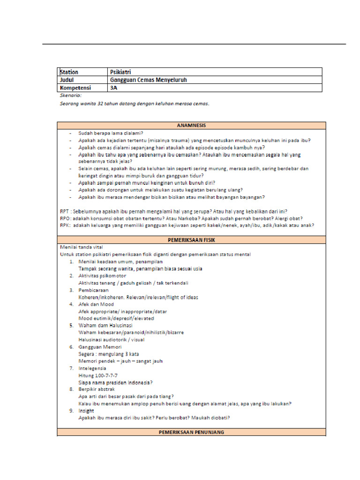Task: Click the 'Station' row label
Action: (69, 72)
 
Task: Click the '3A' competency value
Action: (113, 88)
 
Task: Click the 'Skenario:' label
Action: (71, 96)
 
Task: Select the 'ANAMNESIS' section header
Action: (191, 125)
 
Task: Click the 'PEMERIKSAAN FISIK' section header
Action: (191, 240)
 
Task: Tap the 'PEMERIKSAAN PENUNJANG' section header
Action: (191, 432)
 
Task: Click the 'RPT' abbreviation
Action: (65, 211)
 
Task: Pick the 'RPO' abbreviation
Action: (65, 218)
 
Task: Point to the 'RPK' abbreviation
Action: (65, 225)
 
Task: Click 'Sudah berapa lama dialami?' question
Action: (111, 133)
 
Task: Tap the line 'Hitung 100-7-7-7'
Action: (98, 375)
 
